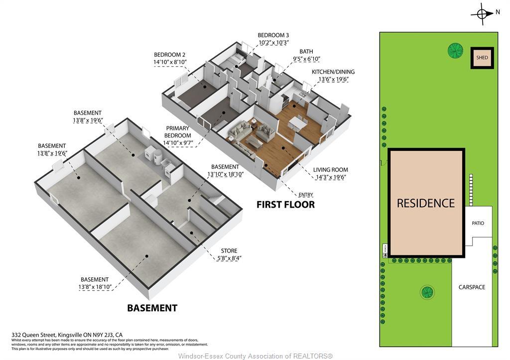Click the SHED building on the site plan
[x=482, y=58]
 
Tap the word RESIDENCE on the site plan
[x=426, y=203]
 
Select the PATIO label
[x=478, y=223]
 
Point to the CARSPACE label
[x=472, y=287]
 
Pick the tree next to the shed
[x=455, y=50]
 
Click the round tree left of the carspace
[x=426, y=292]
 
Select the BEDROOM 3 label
[x=273, y=35]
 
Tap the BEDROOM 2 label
[x=169, y=55]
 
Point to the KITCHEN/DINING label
[x=333, y=72]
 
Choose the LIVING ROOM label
[x=331, y=170]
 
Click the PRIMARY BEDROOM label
[x=178, y=135]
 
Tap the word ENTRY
[x=305, y=194]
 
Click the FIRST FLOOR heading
[x=285, y=204]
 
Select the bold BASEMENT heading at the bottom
[x=152, y=308]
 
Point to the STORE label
[x=229, y=250]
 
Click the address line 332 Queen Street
[x=67, y=335]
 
